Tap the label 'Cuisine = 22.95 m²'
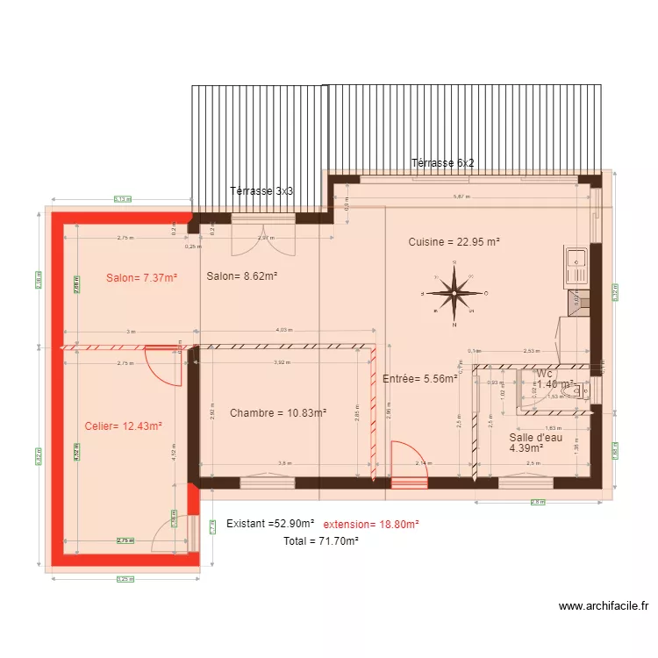[454, 241]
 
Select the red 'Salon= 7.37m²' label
[141, 277]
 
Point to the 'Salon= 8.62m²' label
[242, 275]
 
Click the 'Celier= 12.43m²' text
[124, 426]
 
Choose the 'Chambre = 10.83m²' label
[278, 412]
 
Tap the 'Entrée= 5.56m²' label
[420, 379]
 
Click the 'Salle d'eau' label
[535, 437]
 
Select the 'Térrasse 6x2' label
[443, 163]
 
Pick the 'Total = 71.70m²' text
[320, 541]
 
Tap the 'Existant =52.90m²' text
[269, 523]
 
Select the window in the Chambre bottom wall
[267, 481]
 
